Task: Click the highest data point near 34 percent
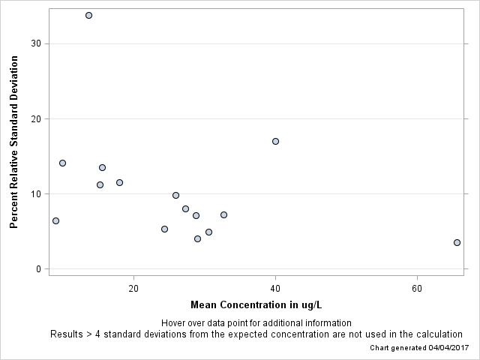click(88, 15)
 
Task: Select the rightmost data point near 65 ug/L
click(457, 242)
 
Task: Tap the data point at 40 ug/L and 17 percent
click(275, 141)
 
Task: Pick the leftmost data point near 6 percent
click(55, 220)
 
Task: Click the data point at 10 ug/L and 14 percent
click(62, 163)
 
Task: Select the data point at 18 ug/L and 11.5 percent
click(119, 182)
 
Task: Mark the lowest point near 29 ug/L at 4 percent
click(197, 238)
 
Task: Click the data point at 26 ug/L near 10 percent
click(175, 195)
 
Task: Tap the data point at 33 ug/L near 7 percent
click(223, 214)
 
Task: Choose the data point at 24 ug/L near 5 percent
click(164, 229)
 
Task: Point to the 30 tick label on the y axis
click(35, 43)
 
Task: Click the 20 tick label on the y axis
click(35, 118)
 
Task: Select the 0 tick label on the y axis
click(38, 268)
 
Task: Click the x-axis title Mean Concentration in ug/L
click(256, 304)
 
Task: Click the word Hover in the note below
click(174, 323)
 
